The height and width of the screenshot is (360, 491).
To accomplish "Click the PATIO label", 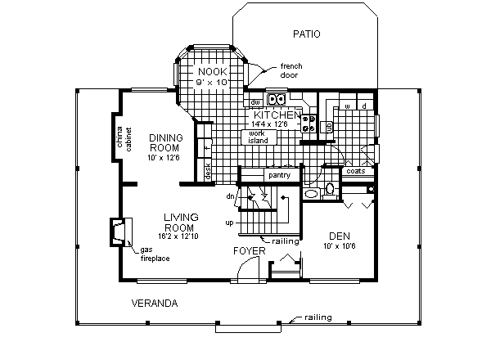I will coord(305,34).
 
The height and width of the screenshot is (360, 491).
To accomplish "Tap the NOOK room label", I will coord(209,73).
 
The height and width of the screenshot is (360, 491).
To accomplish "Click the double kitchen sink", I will coord(277,101).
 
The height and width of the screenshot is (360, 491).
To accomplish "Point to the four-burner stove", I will coord(309,124).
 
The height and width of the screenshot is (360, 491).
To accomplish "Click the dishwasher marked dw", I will coord(255,102).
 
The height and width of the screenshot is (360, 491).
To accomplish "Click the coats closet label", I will coord(355,172).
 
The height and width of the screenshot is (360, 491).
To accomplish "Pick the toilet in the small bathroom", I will coord(329,190).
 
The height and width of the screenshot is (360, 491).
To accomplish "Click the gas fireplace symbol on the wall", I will coord(119,232).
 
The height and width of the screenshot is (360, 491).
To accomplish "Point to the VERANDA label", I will coord(155,304).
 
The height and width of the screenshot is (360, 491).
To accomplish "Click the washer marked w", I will coord(347,106).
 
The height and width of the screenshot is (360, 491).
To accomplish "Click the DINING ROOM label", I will coord(164,142).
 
